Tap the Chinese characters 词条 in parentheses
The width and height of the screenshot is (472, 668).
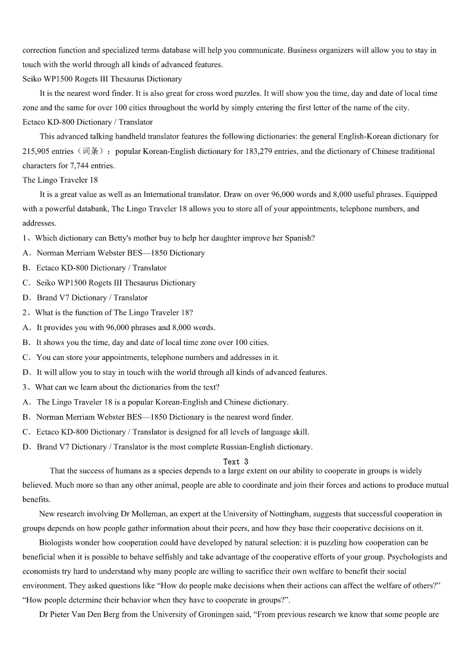[x=90, y=152]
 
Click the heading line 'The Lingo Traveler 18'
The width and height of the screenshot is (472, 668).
[x=60, y=180]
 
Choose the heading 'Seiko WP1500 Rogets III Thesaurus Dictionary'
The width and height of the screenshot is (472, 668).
[x=102, y=79]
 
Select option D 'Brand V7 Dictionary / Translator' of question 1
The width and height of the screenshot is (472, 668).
[x=92, y=298]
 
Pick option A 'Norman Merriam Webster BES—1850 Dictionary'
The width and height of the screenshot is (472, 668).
[x=120, y=253]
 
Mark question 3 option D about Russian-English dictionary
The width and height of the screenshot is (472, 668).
[x=174, y=447]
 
